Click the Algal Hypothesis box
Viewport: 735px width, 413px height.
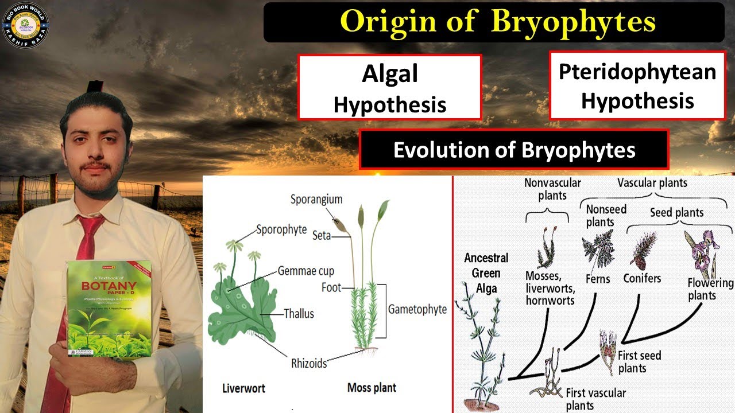point(389,88)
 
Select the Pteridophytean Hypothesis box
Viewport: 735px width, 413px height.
point(637,85)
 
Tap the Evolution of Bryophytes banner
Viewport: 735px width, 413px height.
point(514,149)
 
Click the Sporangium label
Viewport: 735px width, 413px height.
point(316,200)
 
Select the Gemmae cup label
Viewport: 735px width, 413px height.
point(305,271)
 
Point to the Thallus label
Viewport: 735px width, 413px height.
point(299,314)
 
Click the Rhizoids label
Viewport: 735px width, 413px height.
point(308,363)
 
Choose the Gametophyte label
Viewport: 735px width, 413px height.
point(417,309)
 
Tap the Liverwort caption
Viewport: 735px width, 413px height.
point(243,388)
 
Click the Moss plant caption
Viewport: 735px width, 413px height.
point(372,388)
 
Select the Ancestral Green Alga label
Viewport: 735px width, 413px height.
point(486,273)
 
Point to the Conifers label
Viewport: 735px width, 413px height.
point(642,278)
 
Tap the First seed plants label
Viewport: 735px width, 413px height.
point(639,361)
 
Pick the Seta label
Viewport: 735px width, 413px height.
point(322,235)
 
